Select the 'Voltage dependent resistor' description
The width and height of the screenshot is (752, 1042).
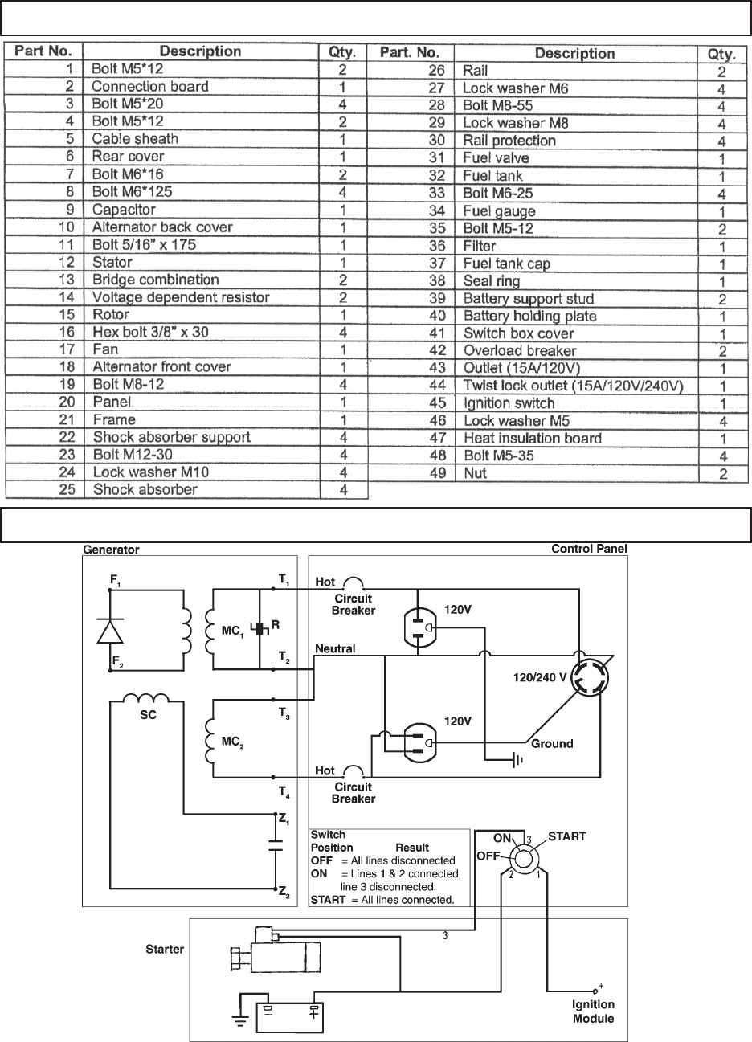point(181,297)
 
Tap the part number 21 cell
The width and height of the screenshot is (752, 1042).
point(71,419)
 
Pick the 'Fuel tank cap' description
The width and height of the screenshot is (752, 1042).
point(507,264)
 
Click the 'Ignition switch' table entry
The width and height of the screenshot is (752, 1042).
point(509,402)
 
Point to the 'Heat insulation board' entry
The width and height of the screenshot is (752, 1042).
point(532,438)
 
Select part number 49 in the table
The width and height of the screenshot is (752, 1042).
point(435,473)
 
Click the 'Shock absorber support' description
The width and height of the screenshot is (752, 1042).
point(171,437)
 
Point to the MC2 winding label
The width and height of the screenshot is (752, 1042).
point(231,743)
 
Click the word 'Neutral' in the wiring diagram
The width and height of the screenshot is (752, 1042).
point(336,648)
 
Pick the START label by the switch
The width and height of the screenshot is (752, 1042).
point(567,836)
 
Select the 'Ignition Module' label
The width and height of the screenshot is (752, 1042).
point(594,1011)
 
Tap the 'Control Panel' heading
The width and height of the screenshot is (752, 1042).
point(589,549)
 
